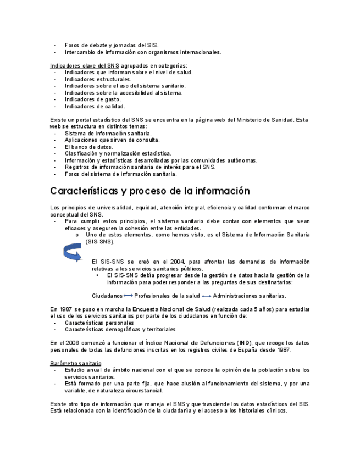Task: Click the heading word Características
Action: [x=84, y=191]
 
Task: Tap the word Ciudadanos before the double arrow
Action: [x=107, y=296]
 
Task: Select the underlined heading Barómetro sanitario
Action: [x=75, y=363]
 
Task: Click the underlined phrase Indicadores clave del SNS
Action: [x=84, y=65]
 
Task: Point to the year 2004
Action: [x=175, y=262]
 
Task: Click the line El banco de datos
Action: [x=88, y=147]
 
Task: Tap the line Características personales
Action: [x=99, y=323]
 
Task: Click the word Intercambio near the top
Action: [x=80, y=52]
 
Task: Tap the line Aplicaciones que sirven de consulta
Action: [x=112, y=140]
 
